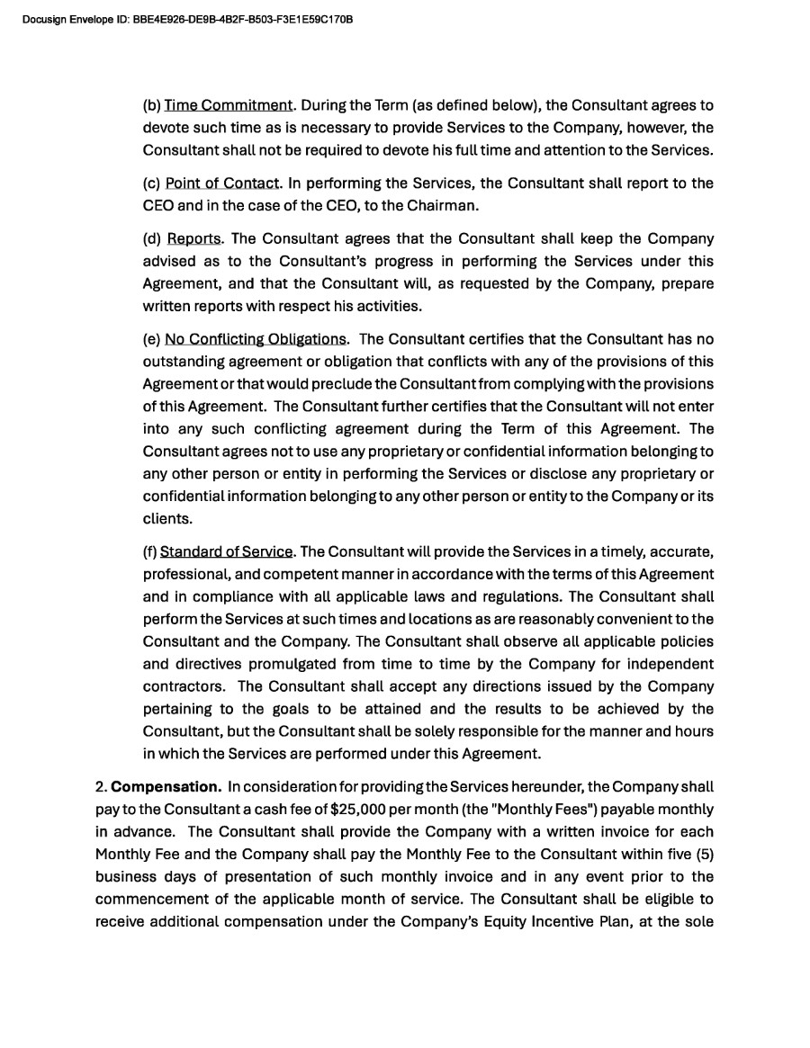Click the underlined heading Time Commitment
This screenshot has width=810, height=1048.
click(x=229, y=105)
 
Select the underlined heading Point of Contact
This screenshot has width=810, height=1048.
click(x=222, y=184)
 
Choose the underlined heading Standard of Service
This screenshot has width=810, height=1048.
click(x=226, y=551)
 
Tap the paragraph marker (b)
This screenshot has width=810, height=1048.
click(x=151, y=105)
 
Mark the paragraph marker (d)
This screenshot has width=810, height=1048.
click(x=152, y=239)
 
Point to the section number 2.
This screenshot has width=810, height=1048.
click(x=100, y=787)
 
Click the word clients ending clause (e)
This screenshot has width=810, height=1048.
click(x=166, y=519)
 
